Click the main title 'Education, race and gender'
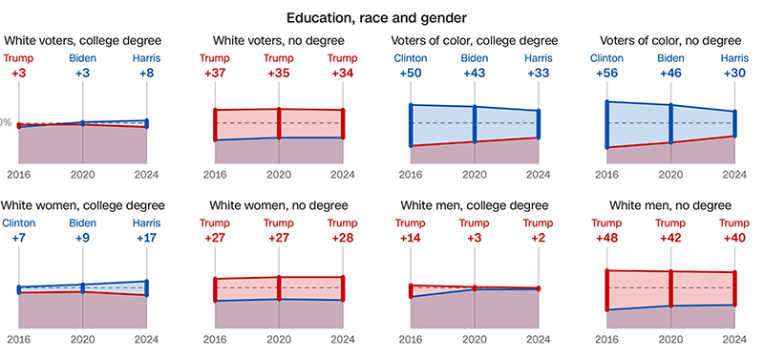click(382, 17)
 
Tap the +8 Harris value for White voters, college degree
click(146, 74)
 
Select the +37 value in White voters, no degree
click(215, 74)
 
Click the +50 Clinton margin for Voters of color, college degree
click(411, 74)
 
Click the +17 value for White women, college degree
click(146, 238)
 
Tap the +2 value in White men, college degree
click(539, 238)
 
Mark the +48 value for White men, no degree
click(606, 238)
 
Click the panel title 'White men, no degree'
click(670, 204)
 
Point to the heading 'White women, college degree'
click(83, 204)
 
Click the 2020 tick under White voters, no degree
click(279, 175)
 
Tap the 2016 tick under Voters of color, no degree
click(606, 175)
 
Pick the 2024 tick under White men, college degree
click(539, 339)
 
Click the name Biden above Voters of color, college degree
click(475, 58)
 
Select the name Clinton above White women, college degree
click(19, 222)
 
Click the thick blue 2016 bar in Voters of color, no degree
click(606, 124)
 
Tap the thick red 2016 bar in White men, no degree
click(606, 290)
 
